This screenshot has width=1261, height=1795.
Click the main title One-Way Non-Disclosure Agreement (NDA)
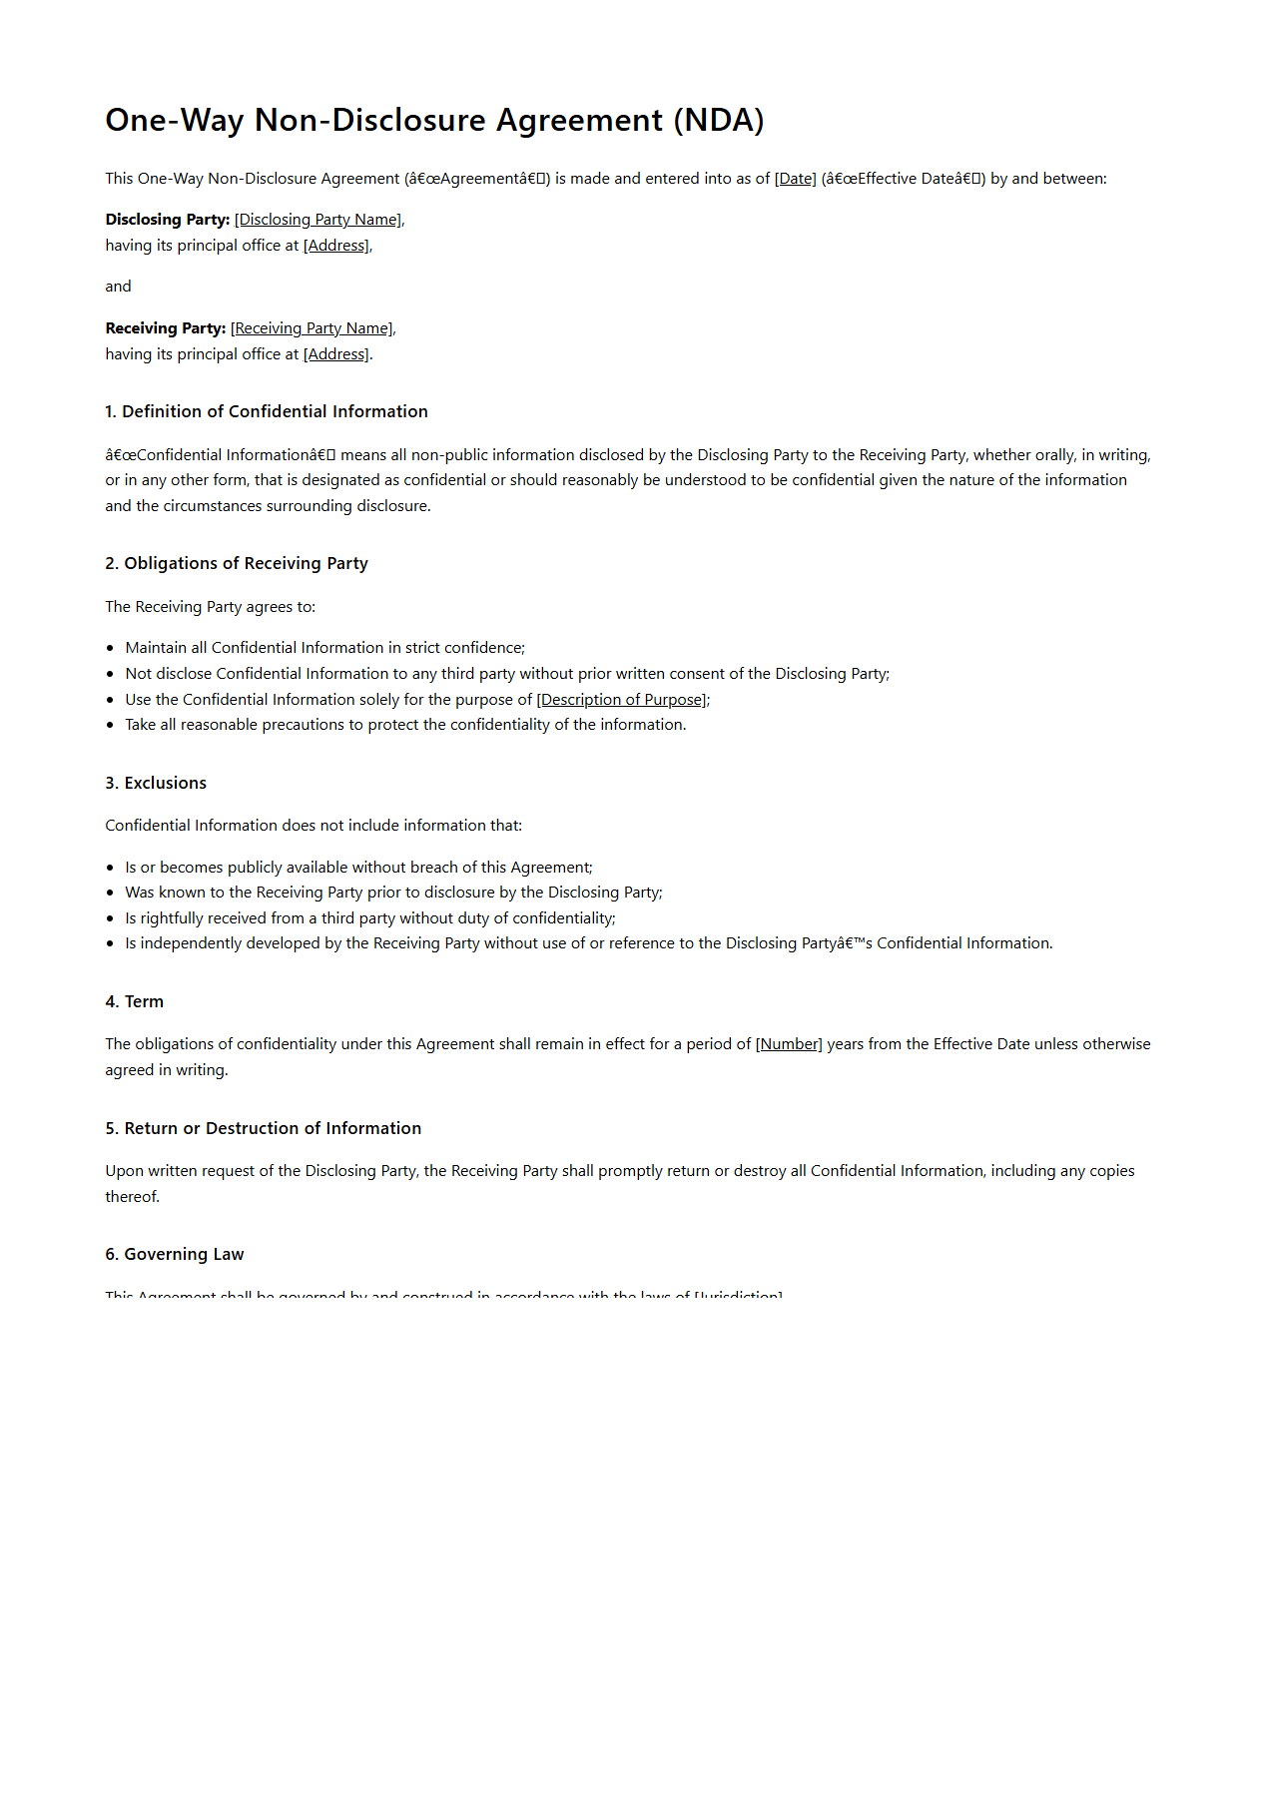click(x=434, y=121)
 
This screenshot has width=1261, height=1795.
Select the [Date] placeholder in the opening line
click(x=795, y=179)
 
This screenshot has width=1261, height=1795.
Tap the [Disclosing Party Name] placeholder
click(x=318, y=220)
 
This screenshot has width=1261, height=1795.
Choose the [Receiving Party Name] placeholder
click(x=312, y=328)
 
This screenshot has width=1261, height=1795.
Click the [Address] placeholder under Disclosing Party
click(x=336, y=246)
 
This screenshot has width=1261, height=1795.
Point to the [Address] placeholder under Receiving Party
click(x=336, y=354)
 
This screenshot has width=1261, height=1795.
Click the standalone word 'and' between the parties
click(x=118, y=287)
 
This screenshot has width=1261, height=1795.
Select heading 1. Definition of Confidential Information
click(x=267, y=411)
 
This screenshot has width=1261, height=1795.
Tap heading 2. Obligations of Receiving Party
click(x=237, y=563)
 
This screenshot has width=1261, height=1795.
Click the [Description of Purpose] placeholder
click(x=622, y=700)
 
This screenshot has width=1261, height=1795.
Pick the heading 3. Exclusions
click(x=156, y=783)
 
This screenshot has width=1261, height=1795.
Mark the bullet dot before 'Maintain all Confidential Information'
click(x=110, y=648)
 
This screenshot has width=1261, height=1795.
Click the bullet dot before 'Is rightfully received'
click(x=110, y=918)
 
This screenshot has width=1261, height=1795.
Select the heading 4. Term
click(x=135, y=1001)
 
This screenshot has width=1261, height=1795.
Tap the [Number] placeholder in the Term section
click(x=789, y=1044)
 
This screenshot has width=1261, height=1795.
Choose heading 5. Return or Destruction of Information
click(x=264, y=1128)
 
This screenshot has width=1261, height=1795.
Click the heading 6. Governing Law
click(x=175, y=1254)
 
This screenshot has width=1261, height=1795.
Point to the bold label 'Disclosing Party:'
click(x=168, y=220)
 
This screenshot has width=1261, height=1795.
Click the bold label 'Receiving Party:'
click(x=166, y=328)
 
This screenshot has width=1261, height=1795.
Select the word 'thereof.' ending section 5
click(x=133, y=1196)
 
